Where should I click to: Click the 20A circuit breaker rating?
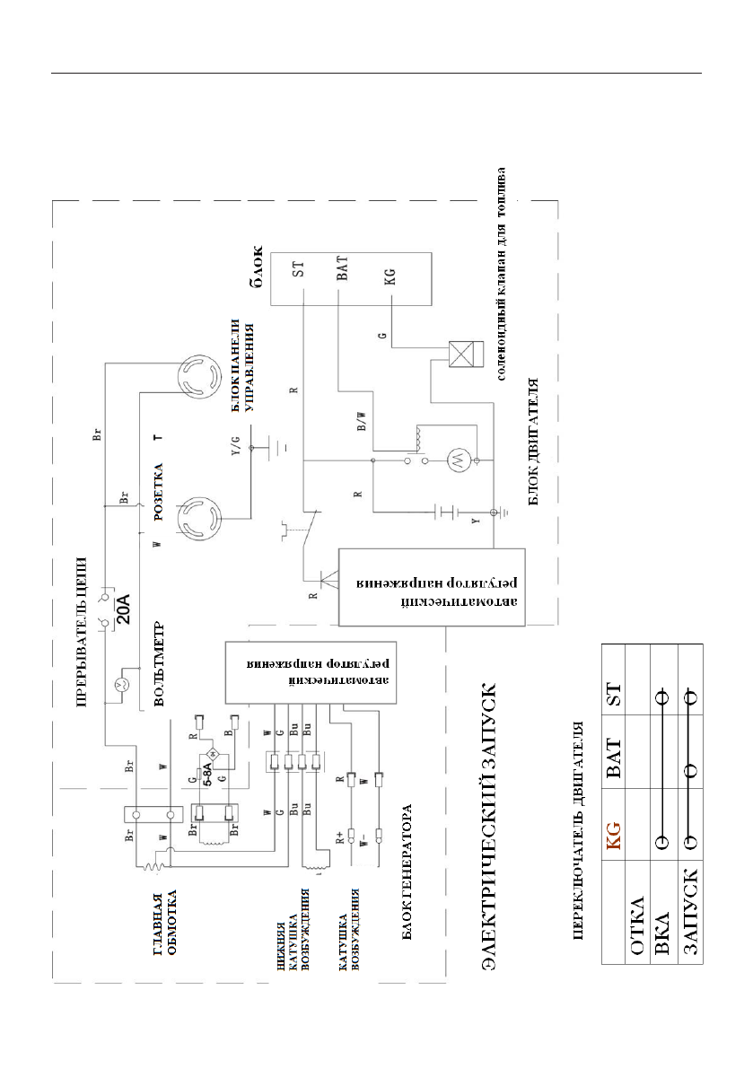pyautogui.click(x=127, y=609)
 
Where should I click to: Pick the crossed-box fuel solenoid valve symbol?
pyautogui.click(x=461, y=353)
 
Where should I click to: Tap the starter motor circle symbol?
pyautogui.click(x=454, y=462)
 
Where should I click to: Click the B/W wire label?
pyautogui.click(x=361, y=425)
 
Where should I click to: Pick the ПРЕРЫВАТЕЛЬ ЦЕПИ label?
pyautogui.click(x=81, y=621)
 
